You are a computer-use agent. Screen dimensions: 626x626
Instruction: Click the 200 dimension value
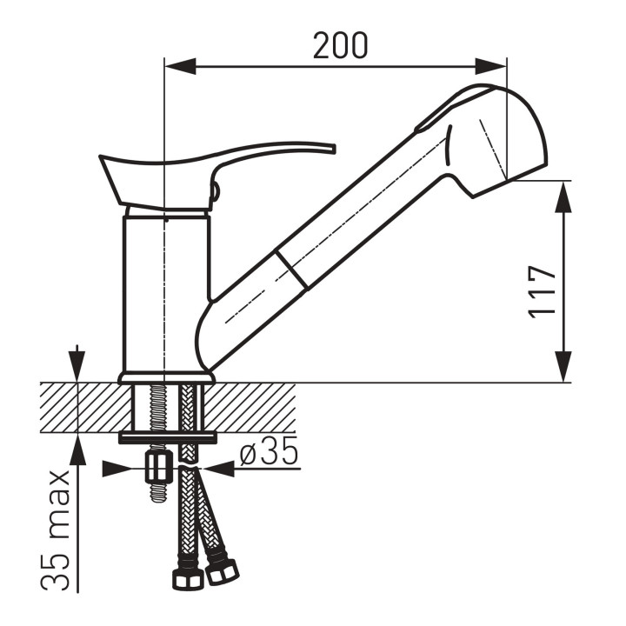[340, 45]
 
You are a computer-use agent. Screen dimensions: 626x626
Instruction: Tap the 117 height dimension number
[542, 292]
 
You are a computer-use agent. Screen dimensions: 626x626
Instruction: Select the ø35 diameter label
[269, 450]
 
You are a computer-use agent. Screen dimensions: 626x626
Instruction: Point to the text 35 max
[56, 530]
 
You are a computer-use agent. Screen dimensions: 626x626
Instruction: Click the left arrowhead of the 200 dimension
[180, 66]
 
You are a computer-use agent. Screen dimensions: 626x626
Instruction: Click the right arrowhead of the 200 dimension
[490, 66]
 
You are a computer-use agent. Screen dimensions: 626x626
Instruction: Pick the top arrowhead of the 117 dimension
[563, 196]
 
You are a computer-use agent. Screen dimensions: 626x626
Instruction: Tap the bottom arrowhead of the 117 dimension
[563, 367]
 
